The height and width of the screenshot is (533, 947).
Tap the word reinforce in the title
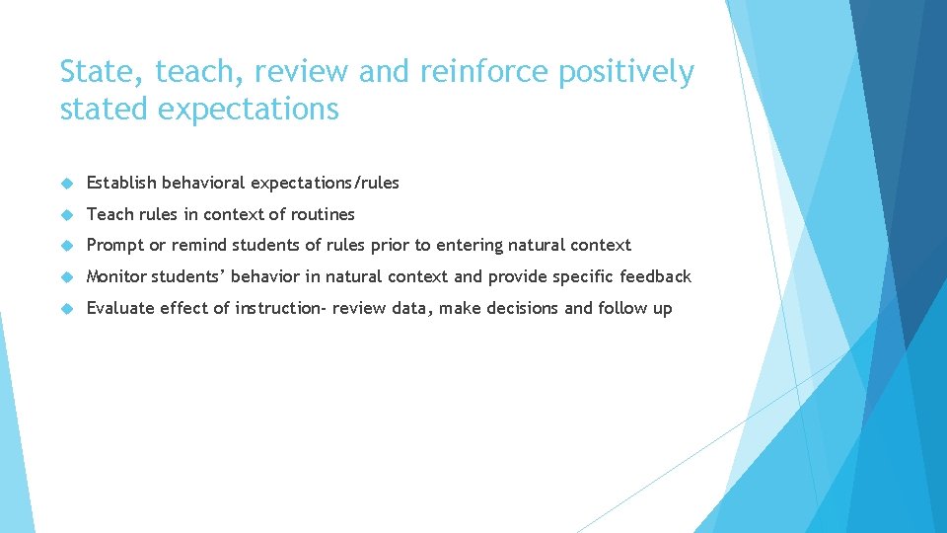471,72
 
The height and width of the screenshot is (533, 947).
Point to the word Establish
121,183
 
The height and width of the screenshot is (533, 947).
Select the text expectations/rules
325,184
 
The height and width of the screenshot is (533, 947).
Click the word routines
322,214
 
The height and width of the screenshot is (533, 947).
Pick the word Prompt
114,246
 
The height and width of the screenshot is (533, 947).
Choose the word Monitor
116,276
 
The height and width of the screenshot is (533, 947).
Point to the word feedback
655,276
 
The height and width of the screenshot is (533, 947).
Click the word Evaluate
121,308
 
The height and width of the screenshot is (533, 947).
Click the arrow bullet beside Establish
67,184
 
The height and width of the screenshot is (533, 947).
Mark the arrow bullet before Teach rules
67,214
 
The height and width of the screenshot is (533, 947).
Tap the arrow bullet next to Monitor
67,277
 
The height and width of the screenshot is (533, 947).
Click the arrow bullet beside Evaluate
67,309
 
